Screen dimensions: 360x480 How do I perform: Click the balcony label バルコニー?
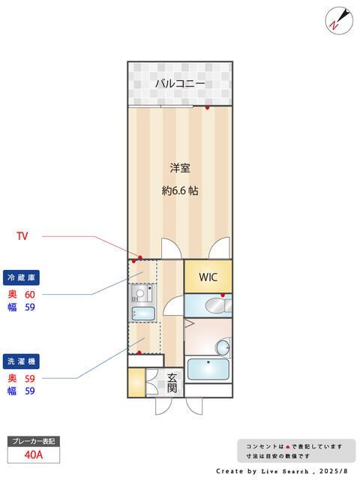coord(180,83)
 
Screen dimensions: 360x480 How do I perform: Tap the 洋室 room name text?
coord(180,168)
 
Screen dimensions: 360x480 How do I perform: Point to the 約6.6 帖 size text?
coord(180,190)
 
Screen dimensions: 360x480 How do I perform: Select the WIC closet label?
coord(208,277)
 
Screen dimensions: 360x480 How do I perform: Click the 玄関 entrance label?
coord(172,382)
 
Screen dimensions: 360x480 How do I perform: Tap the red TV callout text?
coord(22,236)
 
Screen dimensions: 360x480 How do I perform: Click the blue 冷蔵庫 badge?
coord(21,277)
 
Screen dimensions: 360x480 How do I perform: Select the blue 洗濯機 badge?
coord(21,361)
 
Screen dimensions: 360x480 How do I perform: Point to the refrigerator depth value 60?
coord(30,295)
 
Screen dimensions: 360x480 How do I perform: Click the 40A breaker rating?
coord(33,454)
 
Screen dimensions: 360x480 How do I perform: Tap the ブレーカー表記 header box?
coord(34,441)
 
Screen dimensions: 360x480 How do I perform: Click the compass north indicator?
coord(339,20)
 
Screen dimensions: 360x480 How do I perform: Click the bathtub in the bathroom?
coord(208,369)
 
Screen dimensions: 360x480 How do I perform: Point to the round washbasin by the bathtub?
coord(223,347)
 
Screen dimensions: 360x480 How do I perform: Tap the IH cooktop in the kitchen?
coord(140,294)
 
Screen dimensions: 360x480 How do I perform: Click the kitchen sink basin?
coord(143,313)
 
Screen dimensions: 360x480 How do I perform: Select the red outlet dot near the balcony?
coord(207,107)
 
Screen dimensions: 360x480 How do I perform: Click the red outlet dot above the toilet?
coord(223,295)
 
